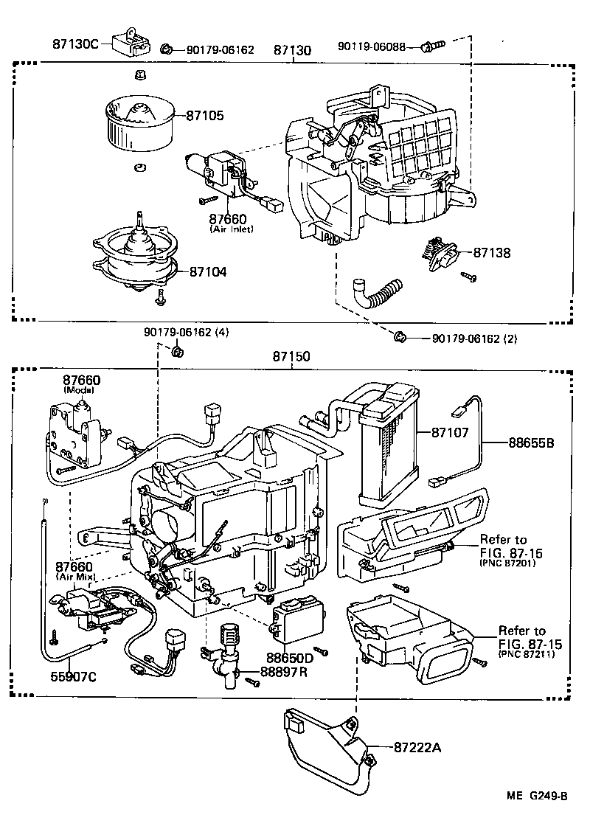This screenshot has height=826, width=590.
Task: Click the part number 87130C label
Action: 74,44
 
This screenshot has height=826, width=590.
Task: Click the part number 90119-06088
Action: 372,46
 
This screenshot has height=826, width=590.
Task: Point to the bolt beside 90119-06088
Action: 431,46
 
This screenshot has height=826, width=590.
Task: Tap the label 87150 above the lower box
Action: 291,355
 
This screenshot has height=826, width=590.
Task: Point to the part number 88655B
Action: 531,443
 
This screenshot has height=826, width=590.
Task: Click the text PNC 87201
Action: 507,564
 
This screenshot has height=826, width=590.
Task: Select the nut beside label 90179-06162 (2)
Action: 400,338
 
